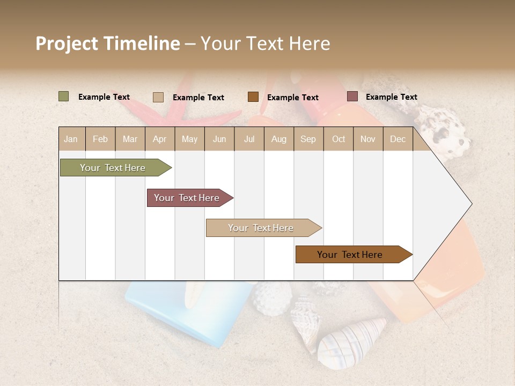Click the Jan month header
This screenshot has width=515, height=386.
[71, 139]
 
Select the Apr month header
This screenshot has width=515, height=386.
[160, 139]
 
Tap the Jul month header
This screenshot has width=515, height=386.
[249, 139]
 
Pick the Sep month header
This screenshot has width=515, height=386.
[308, 139]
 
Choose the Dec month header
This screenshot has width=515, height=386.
[398, 139]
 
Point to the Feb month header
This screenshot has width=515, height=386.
[100, 139]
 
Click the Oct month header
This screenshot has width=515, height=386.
[339, 139]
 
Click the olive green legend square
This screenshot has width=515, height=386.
[64, 96]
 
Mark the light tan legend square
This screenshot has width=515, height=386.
[158, 97]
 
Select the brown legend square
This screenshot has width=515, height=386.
[253, 97]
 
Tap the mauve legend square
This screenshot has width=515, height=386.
[352, 96]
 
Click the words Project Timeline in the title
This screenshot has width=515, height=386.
[108, 43]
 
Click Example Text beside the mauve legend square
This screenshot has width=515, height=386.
[391, 97]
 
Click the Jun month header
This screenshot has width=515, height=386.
[219, 139]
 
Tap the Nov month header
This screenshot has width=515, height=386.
[368, 139]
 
